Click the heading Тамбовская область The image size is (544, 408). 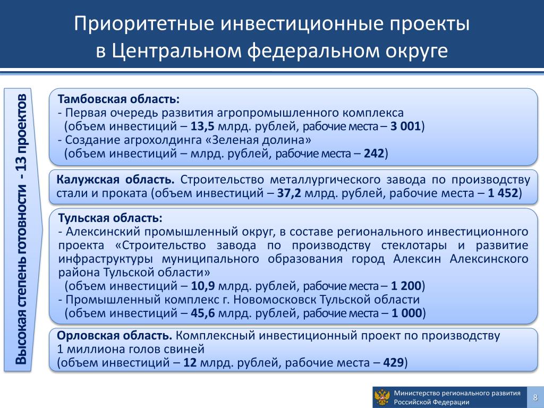(x=118, y=99)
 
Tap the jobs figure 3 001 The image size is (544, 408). (x=405, y=126)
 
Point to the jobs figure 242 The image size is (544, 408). (x=374, y=154)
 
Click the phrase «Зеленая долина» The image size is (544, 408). (x=261, y=140)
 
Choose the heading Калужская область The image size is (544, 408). (x=115, y=180)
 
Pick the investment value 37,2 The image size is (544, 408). (x=289, y=193)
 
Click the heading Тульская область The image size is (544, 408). (x=110, y=218)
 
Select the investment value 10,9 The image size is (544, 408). (x=203, y=286)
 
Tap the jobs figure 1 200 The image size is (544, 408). (x=406, y=286)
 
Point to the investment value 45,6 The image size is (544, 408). (x=203, y=313)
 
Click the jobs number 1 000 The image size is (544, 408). (x=406, y=313)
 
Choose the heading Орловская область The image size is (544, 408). (x=114, y=336)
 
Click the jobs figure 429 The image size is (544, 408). (x=394, y=362)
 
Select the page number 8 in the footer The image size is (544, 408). (x=535, y=397)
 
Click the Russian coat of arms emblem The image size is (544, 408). (x=382, y=397)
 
